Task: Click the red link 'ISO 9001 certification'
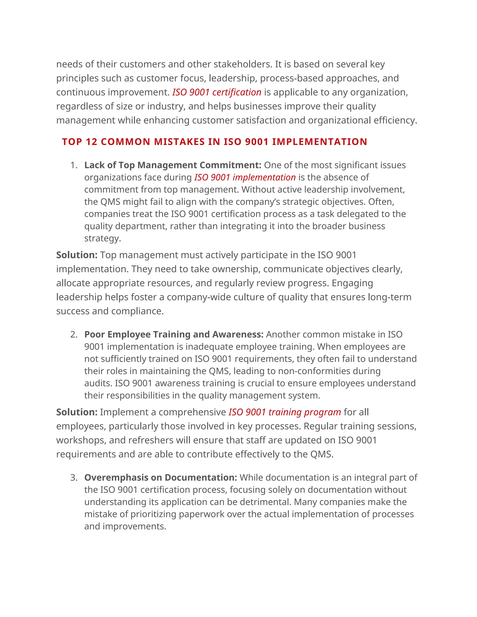217,92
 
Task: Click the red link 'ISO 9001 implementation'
245,177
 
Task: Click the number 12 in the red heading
92,142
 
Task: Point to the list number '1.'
74,165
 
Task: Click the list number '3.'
74,478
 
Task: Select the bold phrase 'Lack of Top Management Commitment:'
173,165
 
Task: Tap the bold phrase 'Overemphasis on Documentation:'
160,478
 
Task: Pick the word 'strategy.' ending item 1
102,238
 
